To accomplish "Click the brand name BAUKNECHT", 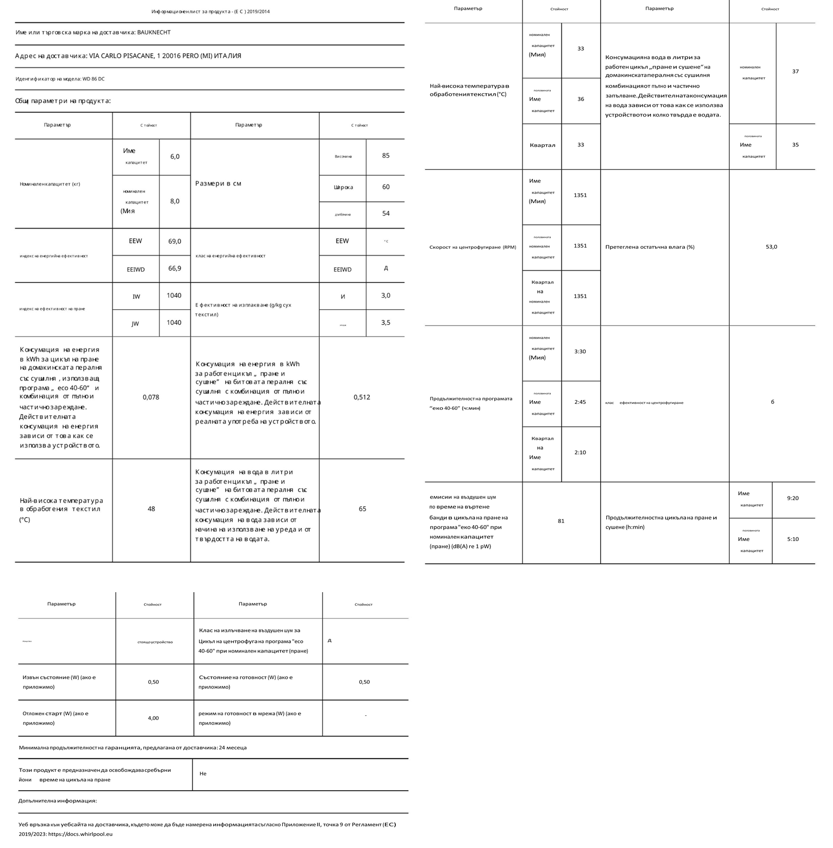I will click(x=154, y=33).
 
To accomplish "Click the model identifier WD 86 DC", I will click(x=94, y=79).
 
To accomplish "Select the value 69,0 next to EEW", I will click(x=175, y=241).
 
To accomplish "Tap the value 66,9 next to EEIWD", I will click(x=175, y=268).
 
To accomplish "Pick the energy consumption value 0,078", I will click(x=151, y=397).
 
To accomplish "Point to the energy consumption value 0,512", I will click(x=362, y=397).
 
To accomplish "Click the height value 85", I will click(x=386, y=156).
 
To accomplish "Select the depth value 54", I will click(x=386, y=213).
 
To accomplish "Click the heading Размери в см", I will click(x=218, y=183).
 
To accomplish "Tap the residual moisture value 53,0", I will click(x=771, y=247).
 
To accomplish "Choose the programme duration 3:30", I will click(x=580, y=352).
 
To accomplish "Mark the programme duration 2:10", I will click(x=580, y=452).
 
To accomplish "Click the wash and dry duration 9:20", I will click(x=793, y=498).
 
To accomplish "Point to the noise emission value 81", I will click(x=561, y=521).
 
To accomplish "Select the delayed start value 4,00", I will click(x=153, y=718).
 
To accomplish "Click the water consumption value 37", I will click(x=795, y=71).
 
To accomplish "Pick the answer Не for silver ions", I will click(x=203, y=773).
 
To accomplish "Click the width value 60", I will click(x=386, y=187).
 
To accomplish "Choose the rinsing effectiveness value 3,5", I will click(x=386, y=323).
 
